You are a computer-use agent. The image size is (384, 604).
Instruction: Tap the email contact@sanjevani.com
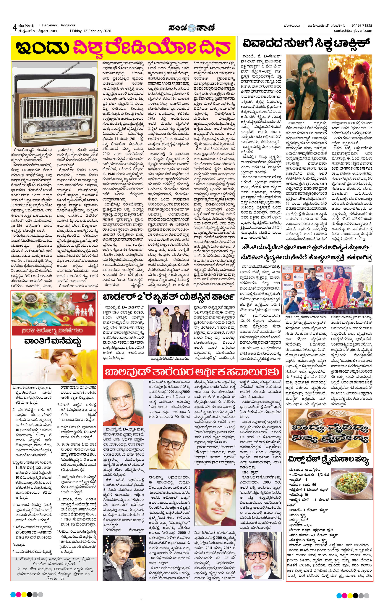tap(353, 31)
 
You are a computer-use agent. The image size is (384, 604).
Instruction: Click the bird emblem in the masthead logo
tap(192, 27)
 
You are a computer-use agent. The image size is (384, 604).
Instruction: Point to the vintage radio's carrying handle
tap(54, 70)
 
